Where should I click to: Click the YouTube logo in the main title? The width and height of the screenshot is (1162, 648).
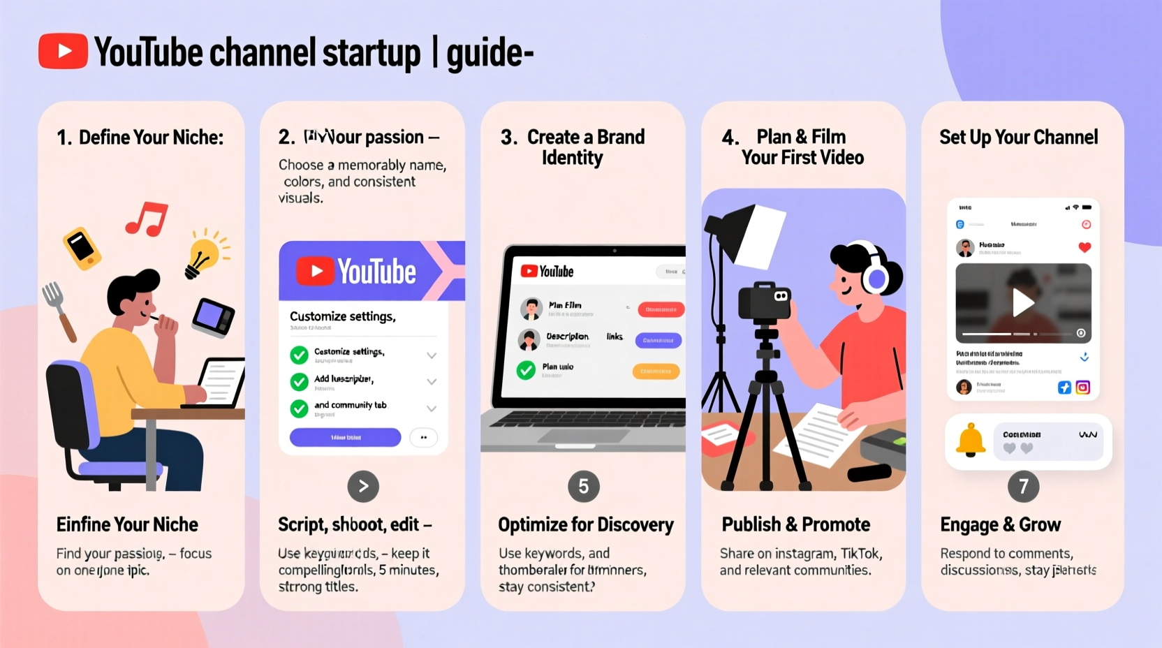[63, 51]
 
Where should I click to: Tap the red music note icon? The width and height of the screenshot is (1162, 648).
[146, 218]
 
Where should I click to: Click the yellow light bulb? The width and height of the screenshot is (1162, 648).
[203, 256]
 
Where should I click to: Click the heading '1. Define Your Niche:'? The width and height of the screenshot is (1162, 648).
[140, 138]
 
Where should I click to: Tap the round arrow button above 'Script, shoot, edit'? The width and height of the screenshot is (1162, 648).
[363, 487]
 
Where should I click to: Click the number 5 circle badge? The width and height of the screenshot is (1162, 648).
[584, 487]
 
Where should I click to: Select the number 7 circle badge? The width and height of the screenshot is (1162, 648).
[1023, 487]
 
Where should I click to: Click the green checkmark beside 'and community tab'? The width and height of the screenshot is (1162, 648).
[299, 408]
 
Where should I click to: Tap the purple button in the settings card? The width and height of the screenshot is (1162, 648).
[345, 438]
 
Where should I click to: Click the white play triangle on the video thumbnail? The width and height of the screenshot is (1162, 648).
[1023, 303]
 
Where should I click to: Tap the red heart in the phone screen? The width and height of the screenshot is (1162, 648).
[1084, 247]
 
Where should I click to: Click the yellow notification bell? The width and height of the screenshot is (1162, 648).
[971, 441]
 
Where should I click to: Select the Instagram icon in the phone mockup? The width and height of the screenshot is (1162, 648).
[1082, 388]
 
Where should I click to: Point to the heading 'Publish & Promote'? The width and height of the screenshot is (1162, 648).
[795, 524]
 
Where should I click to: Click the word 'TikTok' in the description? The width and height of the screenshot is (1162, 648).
[860, 554]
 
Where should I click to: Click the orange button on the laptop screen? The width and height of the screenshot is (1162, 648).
[656, 371]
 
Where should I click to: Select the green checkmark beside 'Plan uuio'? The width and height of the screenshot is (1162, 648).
[526, 370]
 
